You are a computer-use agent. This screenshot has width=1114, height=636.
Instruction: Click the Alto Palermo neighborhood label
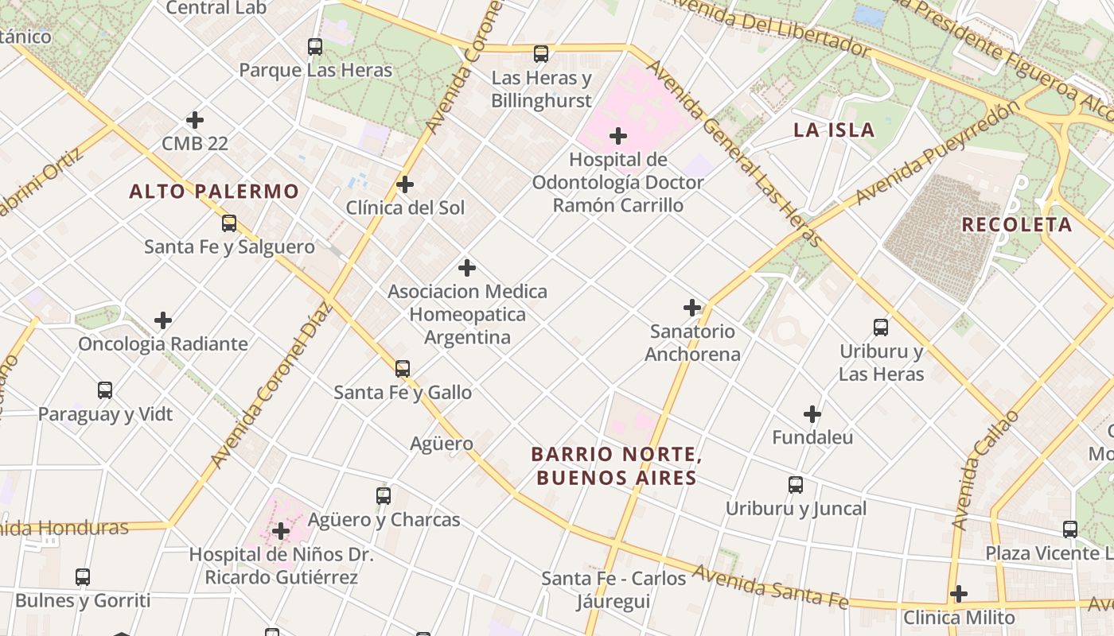point(214,192)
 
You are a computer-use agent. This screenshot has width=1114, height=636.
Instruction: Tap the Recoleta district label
point(1017,225)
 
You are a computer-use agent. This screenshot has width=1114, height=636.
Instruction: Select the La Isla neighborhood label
point(834,130)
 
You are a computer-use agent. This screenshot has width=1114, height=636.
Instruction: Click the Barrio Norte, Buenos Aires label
point(616,466)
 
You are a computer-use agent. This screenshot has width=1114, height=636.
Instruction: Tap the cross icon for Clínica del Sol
point(405,185)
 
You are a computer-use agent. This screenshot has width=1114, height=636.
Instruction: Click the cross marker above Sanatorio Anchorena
point(692,308)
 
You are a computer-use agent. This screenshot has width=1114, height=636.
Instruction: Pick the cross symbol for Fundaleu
point(812,414)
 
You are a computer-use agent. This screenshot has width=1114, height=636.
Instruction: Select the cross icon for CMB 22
point(195,121)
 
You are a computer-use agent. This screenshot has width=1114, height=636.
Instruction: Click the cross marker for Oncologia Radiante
point(163,320)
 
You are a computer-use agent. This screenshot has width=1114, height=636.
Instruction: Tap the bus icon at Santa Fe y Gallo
point(403,369)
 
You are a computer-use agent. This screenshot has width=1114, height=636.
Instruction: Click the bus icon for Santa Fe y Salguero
point(229,223)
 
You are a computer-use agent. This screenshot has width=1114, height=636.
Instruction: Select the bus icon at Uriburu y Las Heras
point(881,328)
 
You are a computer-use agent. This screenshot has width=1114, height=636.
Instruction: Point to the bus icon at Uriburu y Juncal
point(796,485)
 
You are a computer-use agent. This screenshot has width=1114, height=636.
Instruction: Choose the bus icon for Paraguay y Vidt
point(105,390)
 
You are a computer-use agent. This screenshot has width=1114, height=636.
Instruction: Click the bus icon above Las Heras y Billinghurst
point(541,54)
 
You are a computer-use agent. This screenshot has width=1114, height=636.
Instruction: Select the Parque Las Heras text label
point(316,70)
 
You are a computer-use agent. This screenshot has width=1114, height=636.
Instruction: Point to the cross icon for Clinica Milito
point(959,594)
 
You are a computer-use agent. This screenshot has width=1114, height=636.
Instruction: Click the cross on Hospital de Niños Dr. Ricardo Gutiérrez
point(281,530)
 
